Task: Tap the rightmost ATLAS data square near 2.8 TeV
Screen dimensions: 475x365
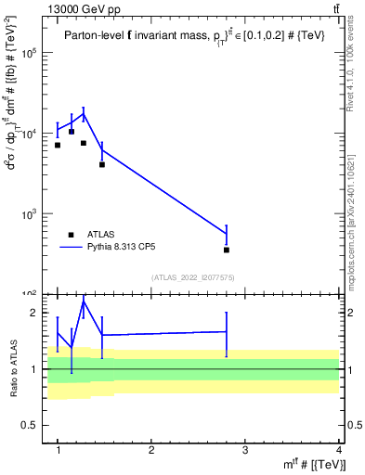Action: coord(227,250)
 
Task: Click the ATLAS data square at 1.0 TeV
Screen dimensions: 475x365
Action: coord(58,145)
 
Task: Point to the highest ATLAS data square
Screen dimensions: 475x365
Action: coord(72,132)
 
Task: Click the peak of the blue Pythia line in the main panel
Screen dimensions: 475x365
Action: coord(84,115)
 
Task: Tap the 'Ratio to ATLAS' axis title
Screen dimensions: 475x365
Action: coord(14,369)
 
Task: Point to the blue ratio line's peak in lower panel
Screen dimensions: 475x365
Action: coord(84,302)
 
